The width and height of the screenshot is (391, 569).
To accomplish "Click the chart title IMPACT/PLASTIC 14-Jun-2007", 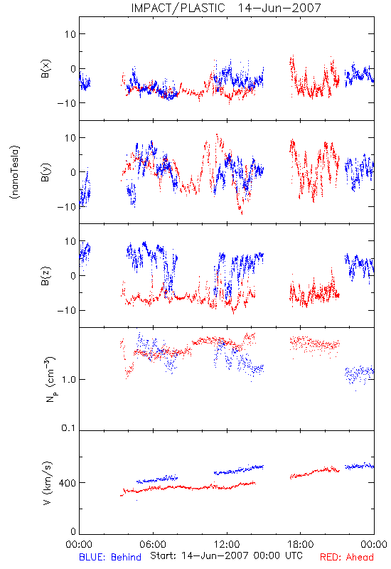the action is [x=226, y=8].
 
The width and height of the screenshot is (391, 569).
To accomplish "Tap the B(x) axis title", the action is [x=46, y=68].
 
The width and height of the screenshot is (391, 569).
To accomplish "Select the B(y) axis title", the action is [x=46, y=172].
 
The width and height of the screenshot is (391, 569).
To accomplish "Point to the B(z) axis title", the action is [x=46, y=276].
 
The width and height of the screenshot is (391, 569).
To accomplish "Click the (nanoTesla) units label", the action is [x=15, y=172].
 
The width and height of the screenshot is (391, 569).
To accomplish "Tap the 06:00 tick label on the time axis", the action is [x=153, y=544].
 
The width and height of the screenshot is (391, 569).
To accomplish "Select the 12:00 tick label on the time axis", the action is [x=227, y=544].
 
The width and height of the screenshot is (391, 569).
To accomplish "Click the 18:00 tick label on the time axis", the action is [x=301, y=544].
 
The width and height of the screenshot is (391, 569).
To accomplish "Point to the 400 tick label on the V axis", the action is [x=68, y=483].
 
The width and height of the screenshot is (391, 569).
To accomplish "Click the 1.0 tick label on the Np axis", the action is [x=68, y=380].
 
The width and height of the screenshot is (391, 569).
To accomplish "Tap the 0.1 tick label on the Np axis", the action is [x=68, y=428].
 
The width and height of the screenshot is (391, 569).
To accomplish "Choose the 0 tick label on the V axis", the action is [x=73, y=531].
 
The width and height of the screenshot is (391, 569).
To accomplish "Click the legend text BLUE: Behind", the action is [x=110, y=557].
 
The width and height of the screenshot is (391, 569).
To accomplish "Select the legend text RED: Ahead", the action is [x=347, y=557].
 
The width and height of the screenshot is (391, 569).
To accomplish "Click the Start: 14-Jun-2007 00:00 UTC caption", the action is [x=226, y=555].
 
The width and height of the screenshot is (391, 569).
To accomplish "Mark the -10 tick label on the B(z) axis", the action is [x=66, y=311].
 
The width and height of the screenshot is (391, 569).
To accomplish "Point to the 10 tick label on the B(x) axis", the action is [x=70, y=34].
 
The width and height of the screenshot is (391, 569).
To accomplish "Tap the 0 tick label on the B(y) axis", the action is [x=73, y=172].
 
